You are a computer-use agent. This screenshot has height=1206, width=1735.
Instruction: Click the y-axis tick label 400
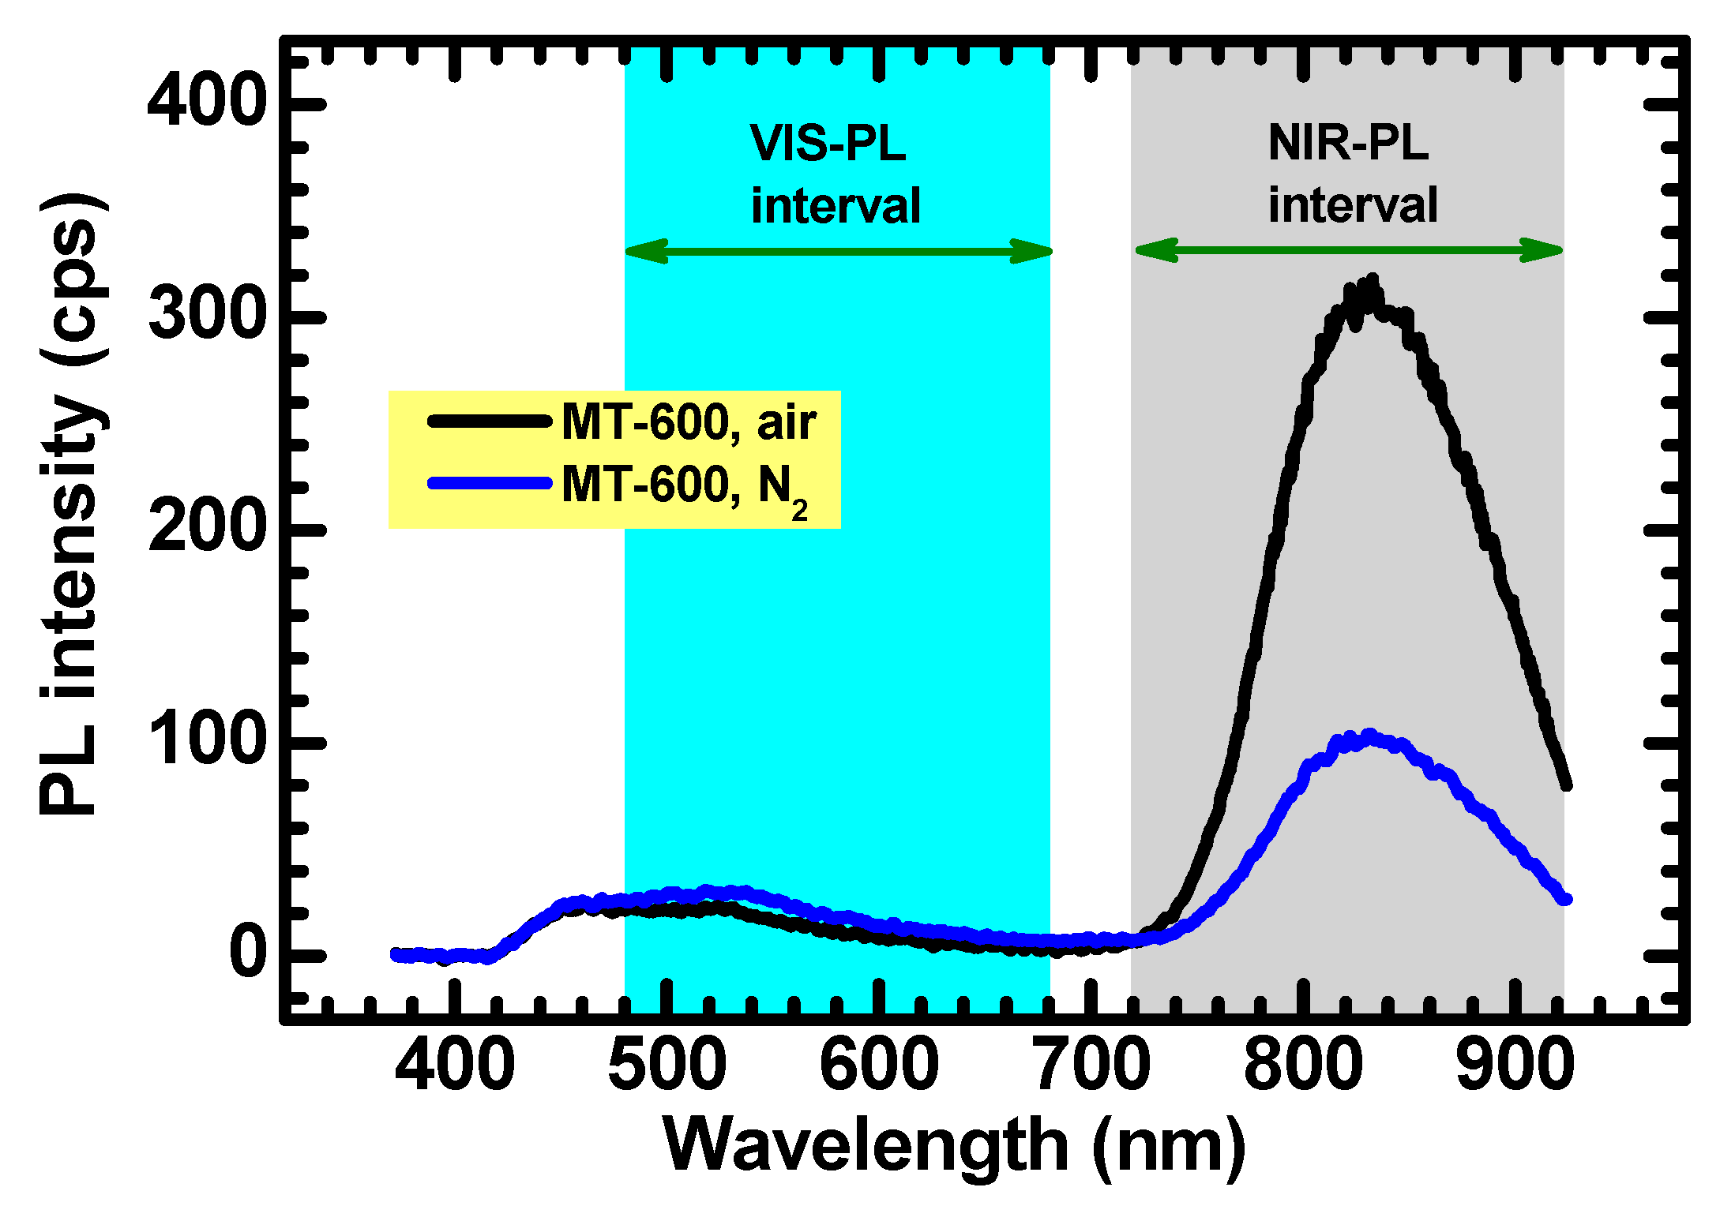206,100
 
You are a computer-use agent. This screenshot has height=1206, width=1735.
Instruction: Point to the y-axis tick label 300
206,313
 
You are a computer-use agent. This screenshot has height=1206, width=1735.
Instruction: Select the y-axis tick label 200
206,526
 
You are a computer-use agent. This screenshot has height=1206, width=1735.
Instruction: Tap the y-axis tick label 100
206,740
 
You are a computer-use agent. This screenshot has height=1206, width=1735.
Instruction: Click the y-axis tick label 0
248,953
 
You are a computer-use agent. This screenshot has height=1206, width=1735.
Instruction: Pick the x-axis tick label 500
667,1066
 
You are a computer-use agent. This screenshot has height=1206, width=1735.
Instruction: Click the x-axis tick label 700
1092,1066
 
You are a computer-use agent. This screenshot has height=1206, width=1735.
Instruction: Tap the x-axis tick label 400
455,1066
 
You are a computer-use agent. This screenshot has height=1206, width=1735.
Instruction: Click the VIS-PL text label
828,144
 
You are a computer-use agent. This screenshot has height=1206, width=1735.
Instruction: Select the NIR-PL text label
1348,144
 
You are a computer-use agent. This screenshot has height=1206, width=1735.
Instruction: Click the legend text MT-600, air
688,422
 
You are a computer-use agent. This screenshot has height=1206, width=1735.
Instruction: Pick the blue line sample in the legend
490,483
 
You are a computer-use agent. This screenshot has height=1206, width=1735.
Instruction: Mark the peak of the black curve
1371,281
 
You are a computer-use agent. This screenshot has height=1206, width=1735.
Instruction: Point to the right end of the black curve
1566,784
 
